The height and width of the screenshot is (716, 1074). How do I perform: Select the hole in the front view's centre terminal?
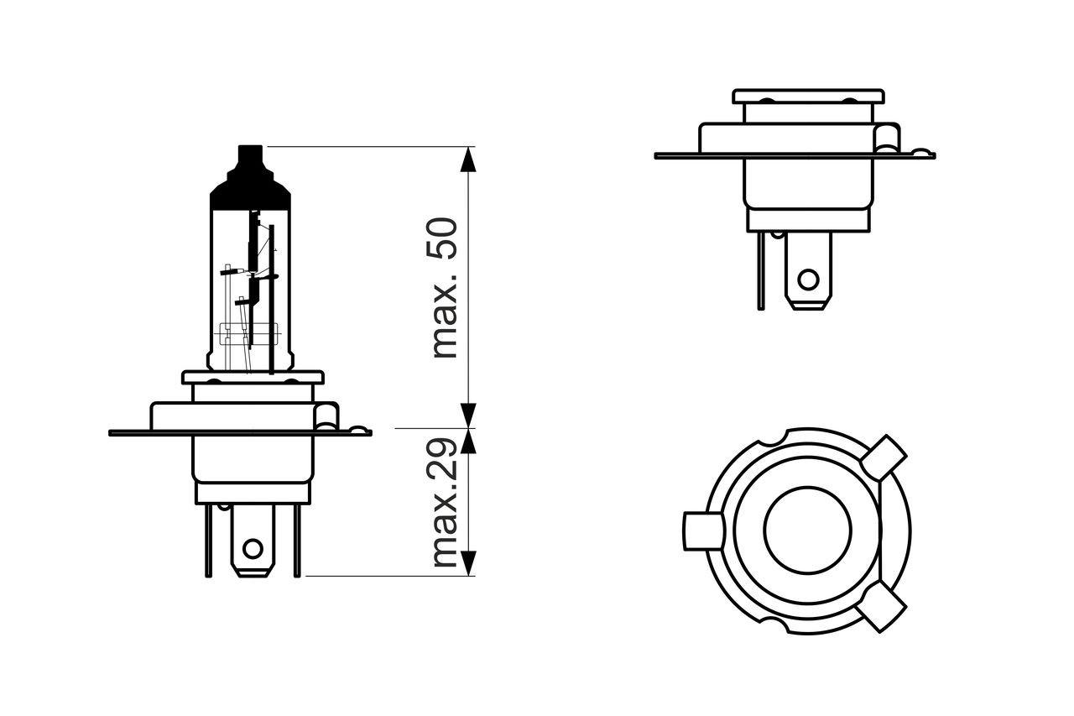(x=253, y=548)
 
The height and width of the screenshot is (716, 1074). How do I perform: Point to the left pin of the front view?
(x=208, y=541)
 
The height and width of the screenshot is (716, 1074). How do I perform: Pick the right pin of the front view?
(x=297, y=541)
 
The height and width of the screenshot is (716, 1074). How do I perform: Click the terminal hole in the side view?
(x=808, y=280)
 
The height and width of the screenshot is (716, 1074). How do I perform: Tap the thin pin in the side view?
(x=761, y=271)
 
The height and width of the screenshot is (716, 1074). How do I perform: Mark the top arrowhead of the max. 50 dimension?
(x=468, y=159)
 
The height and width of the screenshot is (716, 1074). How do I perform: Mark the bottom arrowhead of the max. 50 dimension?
(x=468, y=415)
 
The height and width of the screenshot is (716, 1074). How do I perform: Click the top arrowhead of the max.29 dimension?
(x=468, y=442)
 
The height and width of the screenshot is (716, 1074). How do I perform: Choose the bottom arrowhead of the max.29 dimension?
(x=468, y=563)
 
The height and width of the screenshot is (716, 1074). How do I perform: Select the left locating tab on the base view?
(x=702, y=530)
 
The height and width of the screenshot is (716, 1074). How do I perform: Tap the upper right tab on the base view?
(x=884, y=457)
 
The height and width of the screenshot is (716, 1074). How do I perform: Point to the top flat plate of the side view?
(x=808, y=97)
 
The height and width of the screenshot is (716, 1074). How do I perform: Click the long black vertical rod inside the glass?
(x=271, y=300)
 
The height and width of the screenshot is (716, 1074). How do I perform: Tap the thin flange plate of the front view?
(x=240, y=433)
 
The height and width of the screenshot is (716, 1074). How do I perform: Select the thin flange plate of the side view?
(x=795, y=156)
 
